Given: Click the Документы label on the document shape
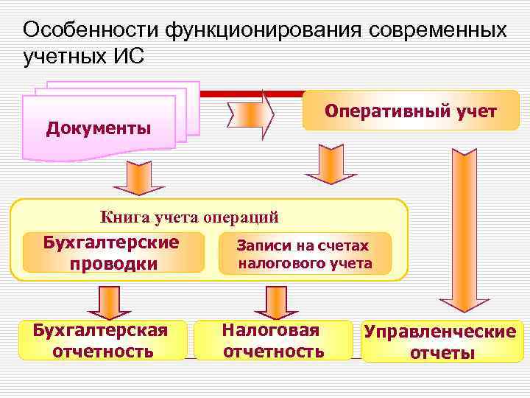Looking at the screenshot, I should click(x=99, y=128).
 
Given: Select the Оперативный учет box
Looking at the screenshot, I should click(x=411, y=111).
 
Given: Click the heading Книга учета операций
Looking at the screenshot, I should click(x=189, y=217).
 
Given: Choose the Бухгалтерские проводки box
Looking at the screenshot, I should click(x=113, y=252).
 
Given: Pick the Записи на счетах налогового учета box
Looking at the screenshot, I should click(x=304, y=254).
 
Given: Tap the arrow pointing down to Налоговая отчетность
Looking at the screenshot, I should click(x=271, y=301).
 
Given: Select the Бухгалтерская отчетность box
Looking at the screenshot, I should click(x=102, y=340).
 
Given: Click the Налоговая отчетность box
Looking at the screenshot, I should click(x=273, y=340).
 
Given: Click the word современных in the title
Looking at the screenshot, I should click(x=439, y=30).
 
